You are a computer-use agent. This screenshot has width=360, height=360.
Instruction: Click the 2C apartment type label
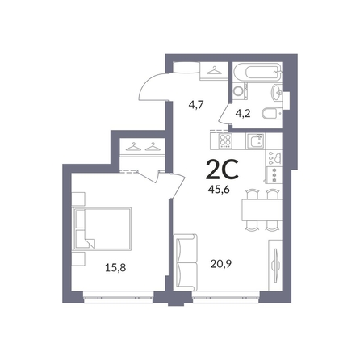click(222, 170)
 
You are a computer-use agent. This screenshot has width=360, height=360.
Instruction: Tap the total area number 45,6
click(219, 190)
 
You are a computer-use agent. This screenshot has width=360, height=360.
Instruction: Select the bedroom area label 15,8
click(115, 268)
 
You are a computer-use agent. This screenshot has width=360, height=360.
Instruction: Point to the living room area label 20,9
click(221, 264)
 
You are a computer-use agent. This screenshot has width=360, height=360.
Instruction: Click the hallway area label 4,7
click(197, 104)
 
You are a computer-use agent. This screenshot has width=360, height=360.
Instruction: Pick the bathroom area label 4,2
click(243, 113)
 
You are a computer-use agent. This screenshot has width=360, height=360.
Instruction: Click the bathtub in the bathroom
click(257, 72)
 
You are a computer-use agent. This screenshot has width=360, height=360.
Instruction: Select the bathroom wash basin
click(277, 92)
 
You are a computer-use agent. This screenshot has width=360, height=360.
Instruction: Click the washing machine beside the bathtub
click(240, 91)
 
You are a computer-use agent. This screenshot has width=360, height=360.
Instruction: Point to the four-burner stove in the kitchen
click(225, 141)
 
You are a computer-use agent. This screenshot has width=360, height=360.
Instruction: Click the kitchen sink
click(255, 141)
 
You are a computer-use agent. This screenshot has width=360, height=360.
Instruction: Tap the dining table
click(262, 210)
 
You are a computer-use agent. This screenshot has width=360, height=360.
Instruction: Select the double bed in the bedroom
click(102, 228)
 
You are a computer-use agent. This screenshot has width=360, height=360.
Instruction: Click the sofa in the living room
click(186, 262)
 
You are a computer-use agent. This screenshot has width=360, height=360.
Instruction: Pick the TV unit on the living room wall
click(275, 265)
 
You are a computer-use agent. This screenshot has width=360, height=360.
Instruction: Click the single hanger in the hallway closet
click(214, 70)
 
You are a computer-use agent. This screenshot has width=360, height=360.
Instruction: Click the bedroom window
click(119, 297)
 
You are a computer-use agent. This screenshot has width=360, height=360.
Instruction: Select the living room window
click(226, 297)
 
